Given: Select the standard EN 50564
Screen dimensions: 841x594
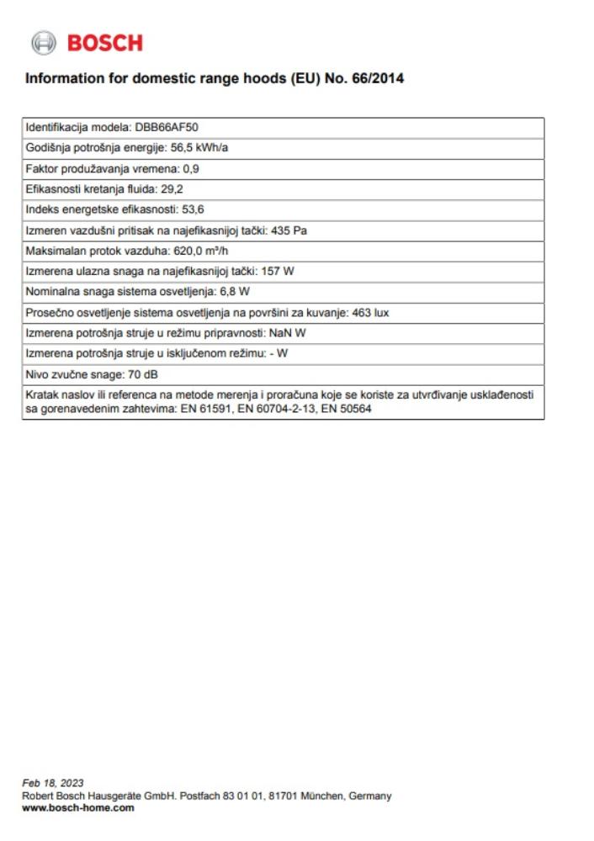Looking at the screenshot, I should tap(349, 409).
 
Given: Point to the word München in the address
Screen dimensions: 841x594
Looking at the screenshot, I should tap(316, 796).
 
